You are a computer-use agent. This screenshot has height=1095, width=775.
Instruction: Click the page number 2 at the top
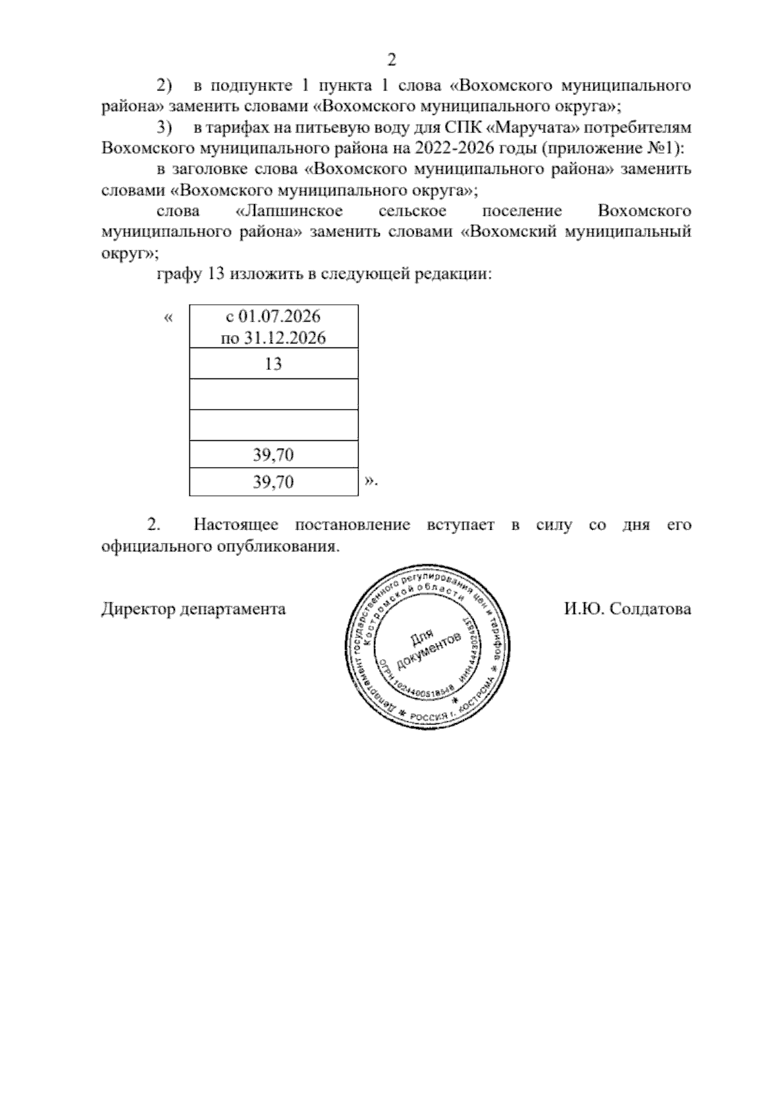click(391, 60)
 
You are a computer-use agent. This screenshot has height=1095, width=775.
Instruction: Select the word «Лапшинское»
click(290, 211)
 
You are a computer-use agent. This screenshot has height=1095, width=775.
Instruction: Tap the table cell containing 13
click(273, 364)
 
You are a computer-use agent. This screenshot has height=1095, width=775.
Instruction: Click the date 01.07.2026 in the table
click(280, 316)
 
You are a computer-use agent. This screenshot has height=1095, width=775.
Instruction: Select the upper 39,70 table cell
click(273, 455)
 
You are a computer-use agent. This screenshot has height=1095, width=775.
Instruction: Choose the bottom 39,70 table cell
click(273, 482)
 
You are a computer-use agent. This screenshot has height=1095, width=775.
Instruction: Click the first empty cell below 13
click(273, 394)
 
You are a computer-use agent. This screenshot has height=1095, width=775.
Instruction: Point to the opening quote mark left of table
click(169, 318)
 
